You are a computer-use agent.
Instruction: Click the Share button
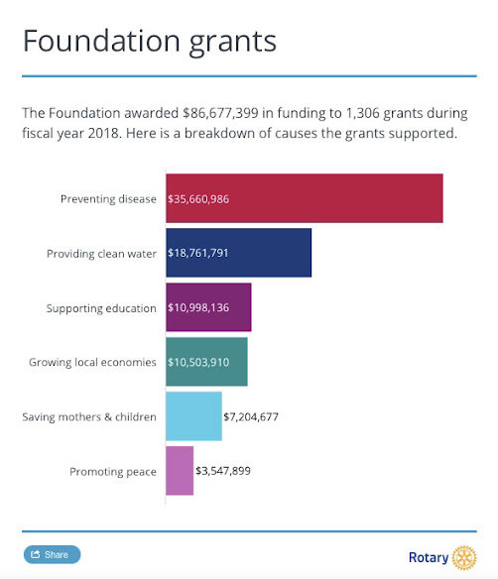tap(52, 554)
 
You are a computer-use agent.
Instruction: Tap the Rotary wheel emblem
tap(464, 556)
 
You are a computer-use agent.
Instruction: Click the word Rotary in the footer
tap(428, 557)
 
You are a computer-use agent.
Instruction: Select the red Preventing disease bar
tap(304, 198)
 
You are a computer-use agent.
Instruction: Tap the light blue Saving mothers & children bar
tap(193, 416)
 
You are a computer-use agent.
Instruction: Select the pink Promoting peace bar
tap(180, 471)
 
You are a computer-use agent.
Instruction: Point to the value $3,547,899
tap(223, 471)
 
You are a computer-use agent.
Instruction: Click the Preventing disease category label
tap(108, 198)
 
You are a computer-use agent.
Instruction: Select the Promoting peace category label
tap(113, 471)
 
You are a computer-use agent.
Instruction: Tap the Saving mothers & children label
tap(89, 416)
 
